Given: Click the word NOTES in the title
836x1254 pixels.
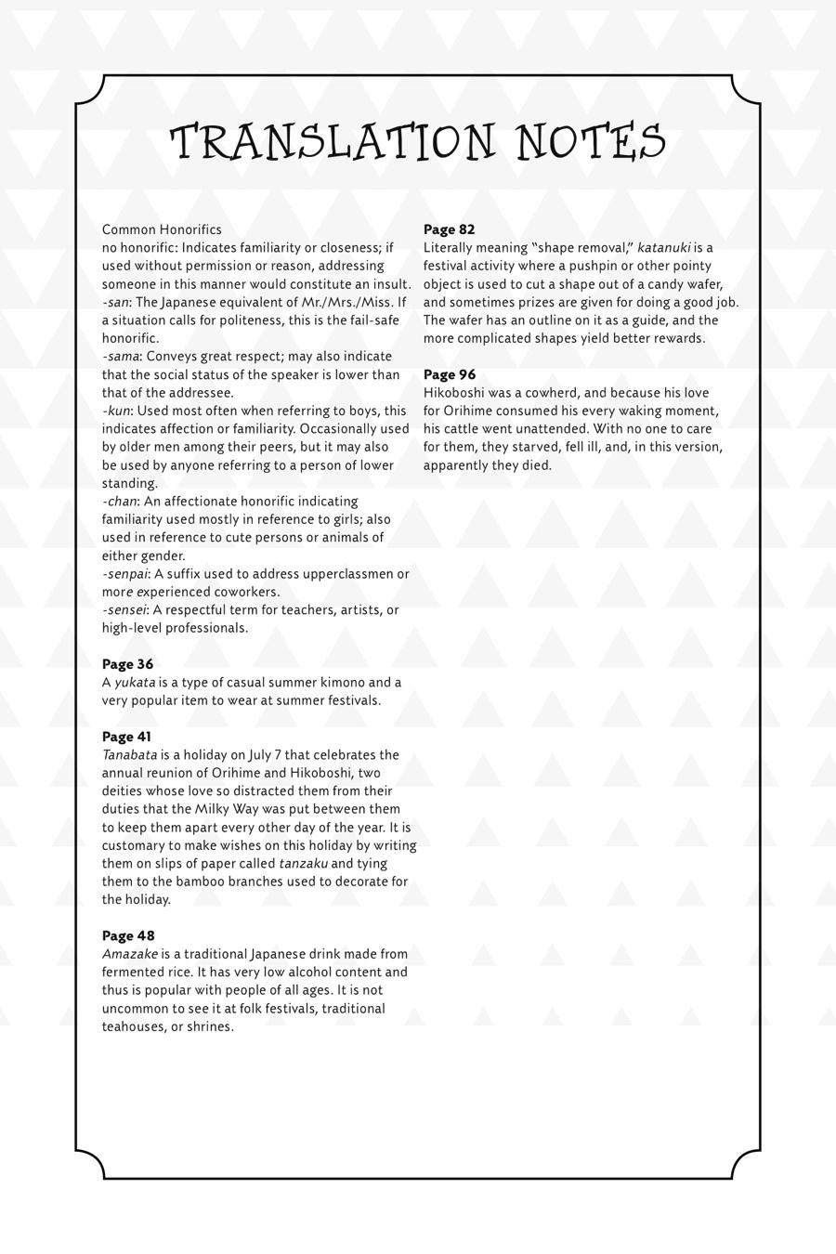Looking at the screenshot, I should click(x=591, y=143).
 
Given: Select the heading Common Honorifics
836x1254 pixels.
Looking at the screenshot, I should click(x=162, y=229).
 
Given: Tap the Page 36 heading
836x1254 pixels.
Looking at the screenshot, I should click(x=127, y=664).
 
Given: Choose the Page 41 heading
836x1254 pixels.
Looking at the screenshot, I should click(x=126, y=737).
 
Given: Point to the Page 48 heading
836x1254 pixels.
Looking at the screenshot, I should click(x=127, y=935).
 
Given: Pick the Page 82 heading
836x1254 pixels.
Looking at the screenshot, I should click(x=449, y=229).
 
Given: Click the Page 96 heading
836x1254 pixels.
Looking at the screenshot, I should click(x=449, y=374).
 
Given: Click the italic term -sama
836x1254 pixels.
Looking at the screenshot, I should click(x=121, y=357).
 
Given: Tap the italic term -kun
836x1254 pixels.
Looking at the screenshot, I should click(x=116, y=411).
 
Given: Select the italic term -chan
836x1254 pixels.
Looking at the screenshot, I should click(x=119, y=502).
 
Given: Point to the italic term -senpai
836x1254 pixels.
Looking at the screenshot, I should click(x=124, y=574).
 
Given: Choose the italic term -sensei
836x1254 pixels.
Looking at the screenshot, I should click(x=124, y=610).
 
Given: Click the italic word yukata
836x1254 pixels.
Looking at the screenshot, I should click(x=135, y=683).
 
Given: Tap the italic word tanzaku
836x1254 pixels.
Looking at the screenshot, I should click(x=303, y=864).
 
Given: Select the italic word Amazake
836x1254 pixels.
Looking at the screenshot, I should click(x=129, y=954).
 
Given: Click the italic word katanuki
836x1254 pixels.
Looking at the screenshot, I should click(x=663, y=248).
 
